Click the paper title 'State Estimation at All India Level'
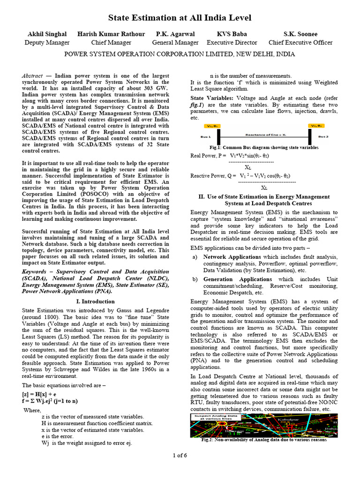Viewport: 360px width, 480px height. (180, 18)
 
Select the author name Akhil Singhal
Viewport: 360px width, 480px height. (47, 34)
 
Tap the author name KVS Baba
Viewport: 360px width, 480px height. (232, 34)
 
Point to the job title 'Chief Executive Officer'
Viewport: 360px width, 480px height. (300, 43)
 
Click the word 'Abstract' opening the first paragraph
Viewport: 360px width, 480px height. (32, 76)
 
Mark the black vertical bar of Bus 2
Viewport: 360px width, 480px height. (309, 136)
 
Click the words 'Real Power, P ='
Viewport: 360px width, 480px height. (208, 155)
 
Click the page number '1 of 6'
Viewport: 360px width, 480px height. (180, 456)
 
